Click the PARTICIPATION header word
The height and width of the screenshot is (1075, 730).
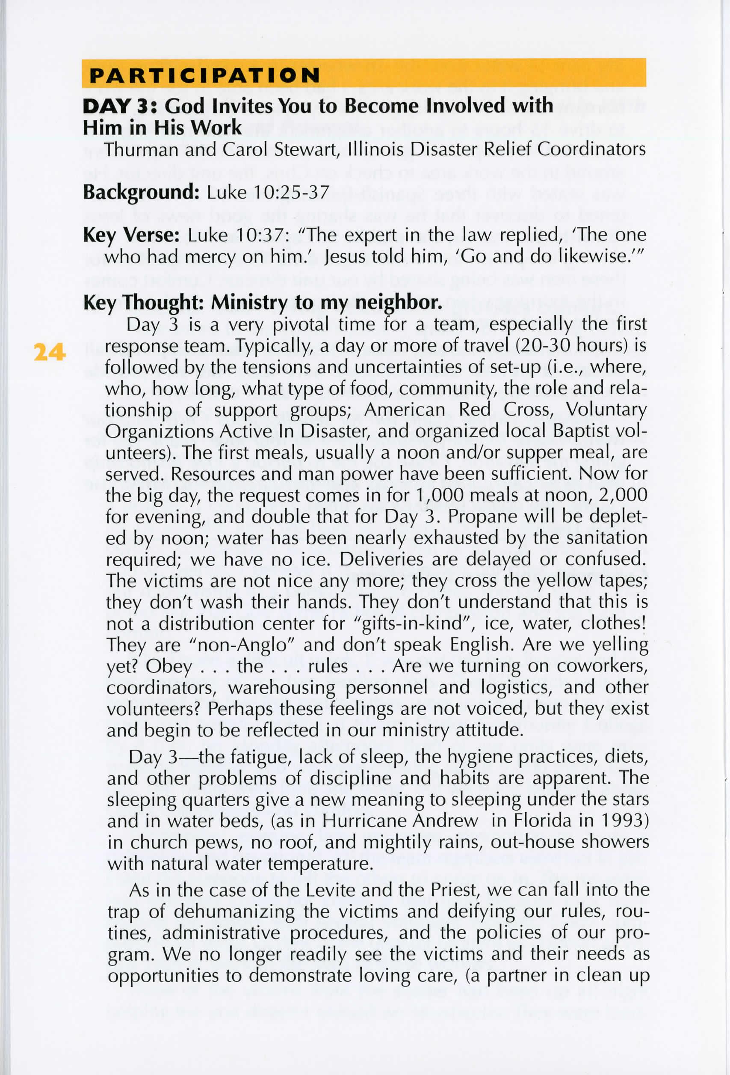(204, 75)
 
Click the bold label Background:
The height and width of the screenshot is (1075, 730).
(141, 192)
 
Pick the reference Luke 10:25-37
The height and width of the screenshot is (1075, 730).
(268, 192)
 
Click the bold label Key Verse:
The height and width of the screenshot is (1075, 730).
(131, 235)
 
